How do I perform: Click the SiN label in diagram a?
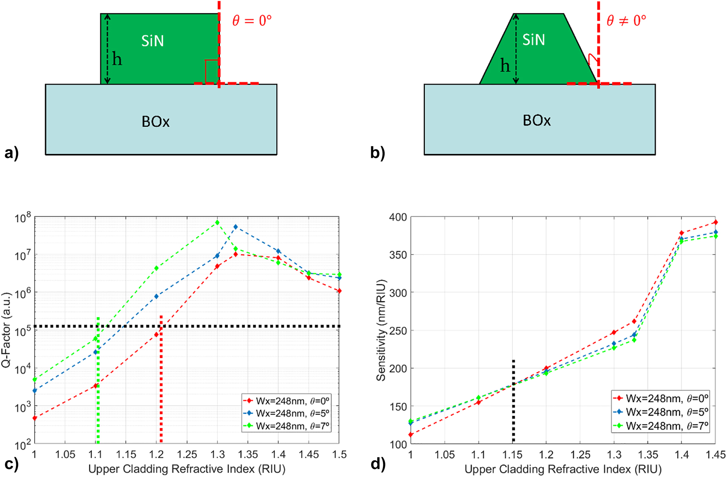pos(152,41)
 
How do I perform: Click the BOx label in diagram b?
pos(536,120)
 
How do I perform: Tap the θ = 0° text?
pos(252,20)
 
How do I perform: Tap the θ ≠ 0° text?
pos(626,20)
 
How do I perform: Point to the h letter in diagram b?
pos(505,66)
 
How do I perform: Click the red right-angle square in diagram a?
pos(211,72)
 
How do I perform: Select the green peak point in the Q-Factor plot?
pos(217,222)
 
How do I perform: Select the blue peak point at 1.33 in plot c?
pos(236,227)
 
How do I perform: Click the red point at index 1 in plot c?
pos(35,418)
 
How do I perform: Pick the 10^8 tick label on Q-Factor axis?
pos(23,218)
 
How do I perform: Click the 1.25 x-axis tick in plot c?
pos(187,455)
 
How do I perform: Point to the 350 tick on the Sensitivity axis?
pos(398,255)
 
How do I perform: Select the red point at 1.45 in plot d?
pos(716,222)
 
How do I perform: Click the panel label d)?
pos(378,464)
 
